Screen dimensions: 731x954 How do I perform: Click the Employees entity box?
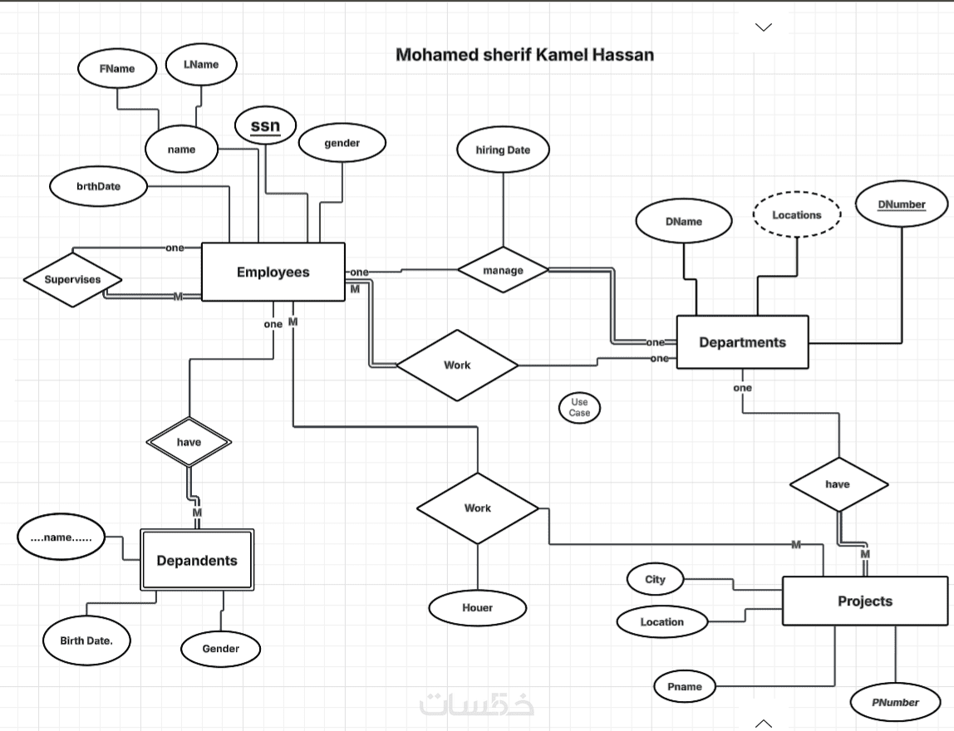(273, 272)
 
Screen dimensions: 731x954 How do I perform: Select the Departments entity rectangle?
(742, 342)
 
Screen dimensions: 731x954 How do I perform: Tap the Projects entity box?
(865, 601)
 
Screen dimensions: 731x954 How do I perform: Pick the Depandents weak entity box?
(197, 561)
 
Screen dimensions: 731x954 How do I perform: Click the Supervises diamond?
(72, 280)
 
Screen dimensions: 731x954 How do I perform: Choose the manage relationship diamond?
(503, 270)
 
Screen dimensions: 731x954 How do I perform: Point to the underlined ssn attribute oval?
(266, 126)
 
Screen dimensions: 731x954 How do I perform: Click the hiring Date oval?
(502, 150)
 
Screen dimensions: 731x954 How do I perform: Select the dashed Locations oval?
(796, 215)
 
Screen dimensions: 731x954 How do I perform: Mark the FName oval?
(117, 69)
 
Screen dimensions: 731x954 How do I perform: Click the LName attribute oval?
(200, 65)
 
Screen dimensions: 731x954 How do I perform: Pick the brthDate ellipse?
(98, 186)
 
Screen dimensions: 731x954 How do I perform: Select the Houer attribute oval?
(477, 608)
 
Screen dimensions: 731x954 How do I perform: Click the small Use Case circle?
(579, 407)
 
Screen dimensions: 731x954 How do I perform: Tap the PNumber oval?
(895, 703)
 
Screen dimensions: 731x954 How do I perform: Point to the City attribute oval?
(655, 580)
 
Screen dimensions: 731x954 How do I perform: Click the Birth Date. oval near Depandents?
(86, 641)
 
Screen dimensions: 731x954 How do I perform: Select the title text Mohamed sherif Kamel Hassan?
(524, 55)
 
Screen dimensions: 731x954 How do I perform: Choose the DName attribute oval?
(683, 222)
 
